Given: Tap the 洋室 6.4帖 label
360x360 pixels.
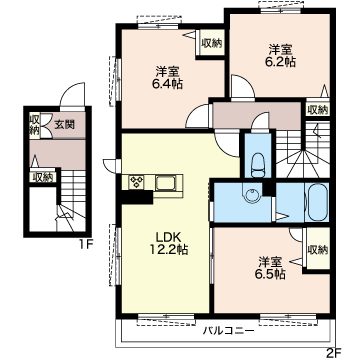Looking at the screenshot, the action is [x=167, y=77].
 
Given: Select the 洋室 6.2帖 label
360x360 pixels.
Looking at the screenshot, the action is [x=281, y=56].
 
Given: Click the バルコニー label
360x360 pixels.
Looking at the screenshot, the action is [x=229, y=331].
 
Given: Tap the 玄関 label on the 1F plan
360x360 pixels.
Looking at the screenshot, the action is [x=65, y=125].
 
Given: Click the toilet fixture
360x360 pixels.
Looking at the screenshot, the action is [x=257, y=165].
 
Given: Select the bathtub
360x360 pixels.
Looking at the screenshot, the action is [x=317, y=202].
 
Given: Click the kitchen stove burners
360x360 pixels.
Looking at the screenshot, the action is [x=137, y=182].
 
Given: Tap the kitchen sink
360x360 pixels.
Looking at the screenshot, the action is [x=167, y=182].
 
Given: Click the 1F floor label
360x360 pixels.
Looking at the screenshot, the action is [x=85, y=245].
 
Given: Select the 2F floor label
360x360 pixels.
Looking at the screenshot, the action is [x=332, y=351].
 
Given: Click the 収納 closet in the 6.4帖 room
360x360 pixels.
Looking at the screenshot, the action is [x=211, y=43].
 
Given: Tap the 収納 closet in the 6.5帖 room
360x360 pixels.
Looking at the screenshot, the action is [x=318, y=249].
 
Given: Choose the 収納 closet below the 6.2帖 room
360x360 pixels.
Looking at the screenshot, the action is [x=317, y=109].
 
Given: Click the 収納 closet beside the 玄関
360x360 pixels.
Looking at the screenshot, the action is [x=34, y=125].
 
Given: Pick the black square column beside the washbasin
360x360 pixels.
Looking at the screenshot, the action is [x=269, y=189].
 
